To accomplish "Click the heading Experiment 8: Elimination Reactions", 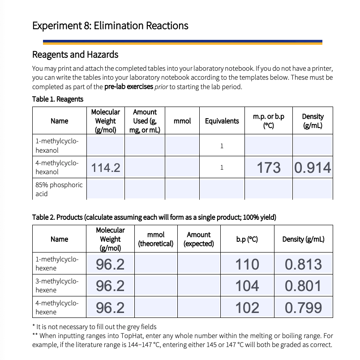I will point(110,26).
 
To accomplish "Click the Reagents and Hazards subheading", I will point(75,55).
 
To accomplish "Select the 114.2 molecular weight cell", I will point(106,168).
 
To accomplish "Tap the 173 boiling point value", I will point(269,168).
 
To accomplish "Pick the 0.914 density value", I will point(313,168).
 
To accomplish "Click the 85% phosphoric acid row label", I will point(59,189).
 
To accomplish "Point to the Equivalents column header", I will point(222,121).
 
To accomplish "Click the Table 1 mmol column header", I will point(182,121).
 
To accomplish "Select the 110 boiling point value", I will point(247,264).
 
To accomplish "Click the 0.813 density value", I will point(303,264).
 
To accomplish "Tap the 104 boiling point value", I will point(247,286).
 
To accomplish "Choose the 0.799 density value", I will point(303,308).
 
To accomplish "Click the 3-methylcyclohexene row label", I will point(57,286).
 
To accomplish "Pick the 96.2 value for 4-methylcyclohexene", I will point(110,308).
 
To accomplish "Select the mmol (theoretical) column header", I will point(156,239).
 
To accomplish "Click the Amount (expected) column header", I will point(198,239).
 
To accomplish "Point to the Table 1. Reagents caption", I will point(58,99).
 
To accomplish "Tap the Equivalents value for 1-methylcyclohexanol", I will point(222,146).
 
